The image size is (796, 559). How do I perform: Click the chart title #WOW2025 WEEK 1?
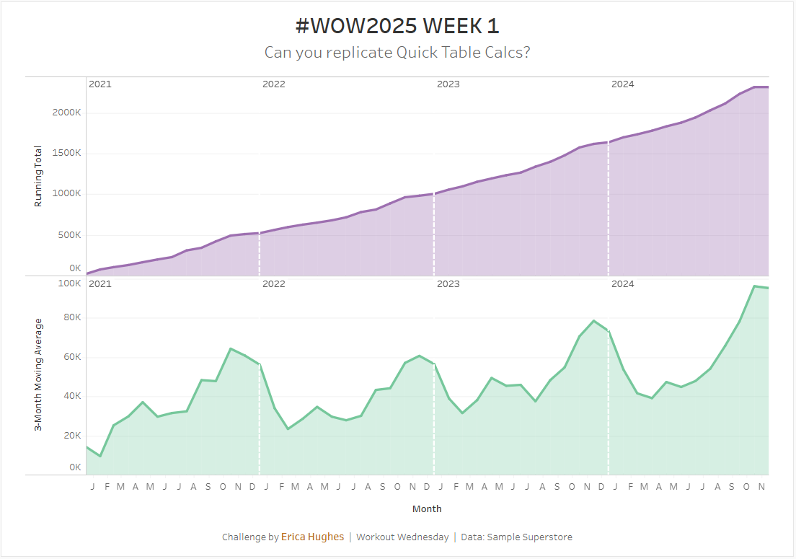[x=397, y=26]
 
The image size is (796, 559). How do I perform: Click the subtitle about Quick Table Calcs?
[x=397, y=53]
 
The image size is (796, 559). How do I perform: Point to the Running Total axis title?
[x=38, y=177]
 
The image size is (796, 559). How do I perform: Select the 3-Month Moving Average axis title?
[x=38, y=375]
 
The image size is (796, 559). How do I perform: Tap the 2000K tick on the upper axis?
[x=66, y=113]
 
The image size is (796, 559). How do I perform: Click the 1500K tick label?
[x=66, y=154]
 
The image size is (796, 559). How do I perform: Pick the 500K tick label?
[x=68, y=235]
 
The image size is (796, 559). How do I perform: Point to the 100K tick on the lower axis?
[x=69, y=283]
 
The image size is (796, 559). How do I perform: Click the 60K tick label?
[x=71, y=357]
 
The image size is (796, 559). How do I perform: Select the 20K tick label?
[x=71, y=436]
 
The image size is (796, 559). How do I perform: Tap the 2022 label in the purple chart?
[x=273, y=84]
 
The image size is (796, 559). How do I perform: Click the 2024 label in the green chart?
[x=622, y=284]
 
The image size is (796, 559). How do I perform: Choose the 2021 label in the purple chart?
[x=99, y=84]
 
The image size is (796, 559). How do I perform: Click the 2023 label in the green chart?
[x=448, y=284]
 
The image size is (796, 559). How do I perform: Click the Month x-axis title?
[x=427, y=509]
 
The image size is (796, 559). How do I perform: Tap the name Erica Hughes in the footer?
[x=312, y=537]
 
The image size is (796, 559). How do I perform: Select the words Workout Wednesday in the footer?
[x=402, y=537]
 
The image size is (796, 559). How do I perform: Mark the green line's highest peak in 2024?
[x=754, y=286]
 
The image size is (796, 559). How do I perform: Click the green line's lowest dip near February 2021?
[x=100, y=456]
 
